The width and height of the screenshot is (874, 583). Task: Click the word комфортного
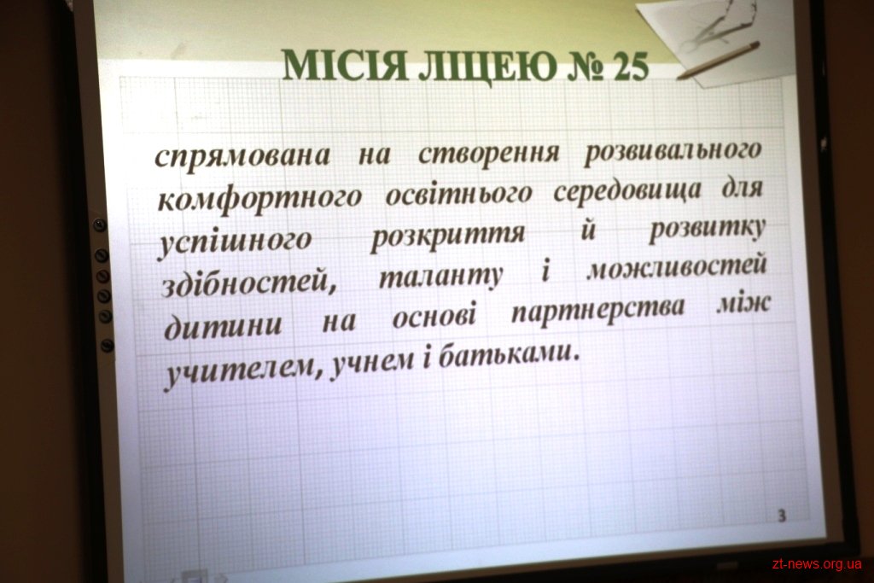coord(259,199)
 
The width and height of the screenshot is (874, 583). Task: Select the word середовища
coord(627,192)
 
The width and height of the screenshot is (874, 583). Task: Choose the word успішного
coord(236,241)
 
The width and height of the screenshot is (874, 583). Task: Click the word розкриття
coord(448,236)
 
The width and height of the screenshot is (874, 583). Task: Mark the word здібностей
coord(249,282)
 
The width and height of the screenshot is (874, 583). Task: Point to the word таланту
coord(441,277)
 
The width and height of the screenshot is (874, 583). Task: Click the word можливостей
coord(678,269)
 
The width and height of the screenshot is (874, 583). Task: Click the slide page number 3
coord(782,516)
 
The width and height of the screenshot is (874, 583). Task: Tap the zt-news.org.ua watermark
coord(817,564)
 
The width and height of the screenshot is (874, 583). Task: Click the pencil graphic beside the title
coord(718,61)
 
